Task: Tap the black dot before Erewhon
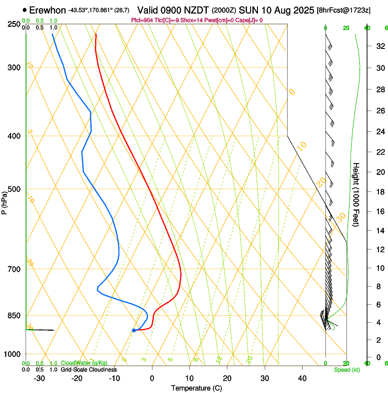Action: click(x=24, y=10)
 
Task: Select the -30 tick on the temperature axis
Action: click(x=39, y=378)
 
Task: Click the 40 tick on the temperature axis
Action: click(x=302, y=378)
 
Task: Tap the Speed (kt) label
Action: click(x=346, y=370)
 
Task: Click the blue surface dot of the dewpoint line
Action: click(x=134, y=330)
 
